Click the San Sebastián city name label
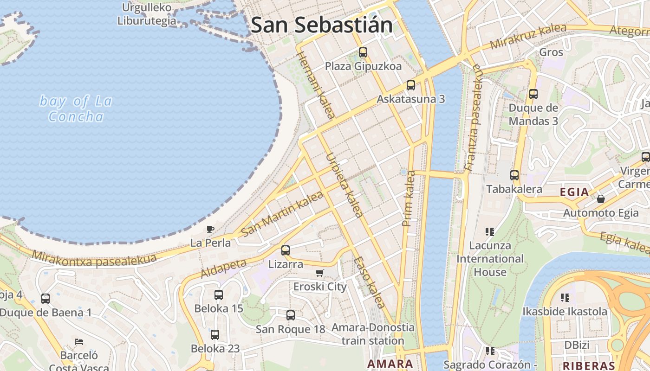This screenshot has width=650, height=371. point(321,25)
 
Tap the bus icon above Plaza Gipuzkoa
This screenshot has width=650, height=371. point(363,52)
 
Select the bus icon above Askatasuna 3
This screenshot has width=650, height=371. point(410,85)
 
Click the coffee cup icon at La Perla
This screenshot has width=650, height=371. point(210,229)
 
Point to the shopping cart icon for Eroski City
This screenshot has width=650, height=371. point(319,273)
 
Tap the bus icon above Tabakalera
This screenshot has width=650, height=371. point(514,175)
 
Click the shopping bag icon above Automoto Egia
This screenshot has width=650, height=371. point(601,199)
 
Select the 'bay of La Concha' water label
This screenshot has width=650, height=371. point(76,109)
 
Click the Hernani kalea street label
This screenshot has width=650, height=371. point(315,86)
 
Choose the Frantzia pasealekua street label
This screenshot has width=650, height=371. point(473,118)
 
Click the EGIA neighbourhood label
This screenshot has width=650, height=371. point(574,192)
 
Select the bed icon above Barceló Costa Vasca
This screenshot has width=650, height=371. point(79,342)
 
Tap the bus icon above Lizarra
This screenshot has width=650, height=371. point(285,250)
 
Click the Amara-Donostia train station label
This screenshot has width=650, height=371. point(373,334)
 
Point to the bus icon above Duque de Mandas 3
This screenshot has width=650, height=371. point(533,94)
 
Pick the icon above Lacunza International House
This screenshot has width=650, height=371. point(489,231)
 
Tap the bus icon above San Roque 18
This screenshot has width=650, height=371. point(290,315)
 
